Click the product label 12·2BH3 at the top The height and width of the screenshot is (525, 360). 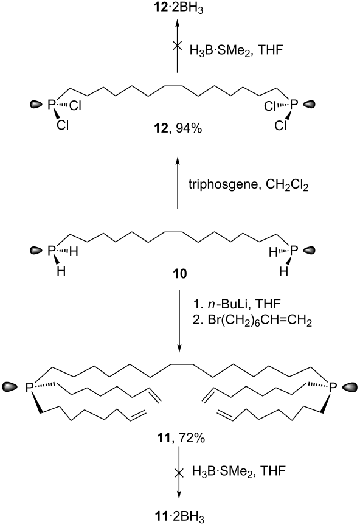[177, 8]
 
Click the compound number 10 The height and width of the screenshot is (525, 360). [179, 274]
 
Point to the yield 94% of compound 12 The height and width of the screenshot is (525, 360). [189, 128]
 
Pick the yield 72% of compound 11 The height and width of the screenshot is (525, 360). [192, 437]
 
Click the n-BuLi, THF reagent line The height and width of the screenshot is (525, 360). [237, 304]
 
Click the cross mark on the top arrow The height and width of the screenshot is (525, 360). [177, 46]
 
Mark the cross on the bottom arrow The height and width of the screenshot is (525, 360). [179, 473]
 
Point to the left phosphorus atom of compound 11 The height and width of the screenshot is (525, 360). [30, 388]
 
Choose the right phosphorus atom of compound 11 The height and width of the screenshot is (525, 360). [332, 388]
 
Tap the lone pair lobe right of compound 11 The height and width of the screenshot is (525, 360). [350, 387]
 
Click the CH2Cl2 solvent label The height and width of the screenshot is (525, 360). [287, 186]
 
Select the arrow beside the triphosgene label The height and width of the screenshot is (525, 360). [178, 182]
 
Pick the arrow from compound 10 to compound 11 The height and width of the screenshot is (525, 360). [179, 321]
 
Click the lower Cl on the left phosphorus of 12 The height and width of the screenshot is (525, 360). [62, 125]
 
